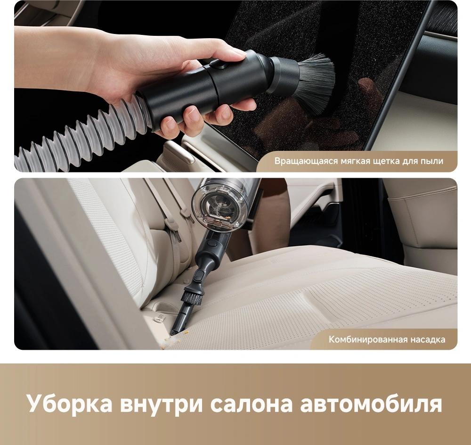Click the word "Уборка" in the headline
click(x=70, y=404)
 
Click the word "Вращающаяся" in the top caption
click(x=306, y=161)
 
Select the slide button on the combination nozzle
click(x=199, y=275)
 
